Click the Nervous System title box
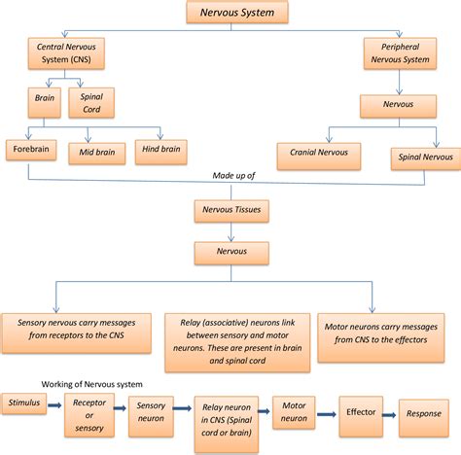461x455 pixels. pyautogui.click(x=230, y=14)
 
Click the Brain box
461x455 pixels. pyautogui.click(x=43, y=100)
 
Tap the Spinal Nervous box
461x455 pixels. pyautogui.click(x=423, y=155)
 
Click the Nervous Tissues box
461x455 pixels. pyautogui.click(x=230, y=208)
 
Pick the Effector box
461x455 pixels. pyautogui.click(x=361, y=411)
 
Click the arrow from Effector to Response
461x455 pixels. pyautogui.click(x=391, y=412)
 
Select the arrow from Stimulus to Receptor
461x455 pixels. pyautogui.click(x=56, y=402)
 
